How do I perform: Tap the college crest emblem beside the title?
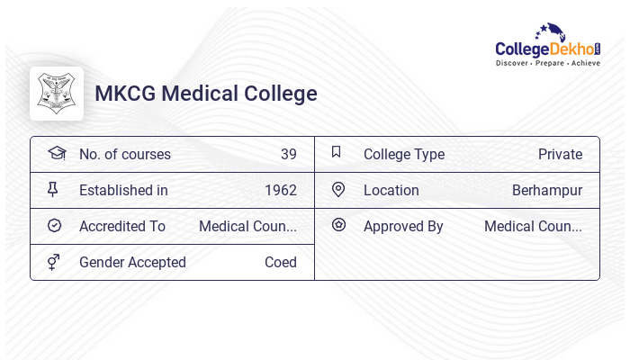(57, 94)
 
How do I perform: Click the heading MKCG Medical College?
(206, 94)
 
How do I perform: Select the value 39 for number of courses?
(288, 155)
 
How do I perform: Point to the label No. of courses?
(125, 155)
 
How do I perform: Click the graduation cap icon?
(56, 153)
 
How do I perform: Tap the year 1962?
(281, 191)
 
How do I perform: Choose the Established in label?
(123, 191)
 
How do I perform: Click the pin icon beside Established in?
(53, 190)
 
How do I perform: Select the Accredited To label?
(122, 227)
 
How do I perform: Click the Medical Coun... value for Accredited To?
(247, 227)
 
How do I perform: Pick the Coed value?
(281, 263)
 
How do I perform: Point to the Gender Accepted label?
(132, 263)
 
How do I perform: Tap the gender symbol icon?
(54, 262)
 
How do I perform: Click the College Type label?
(404, 155)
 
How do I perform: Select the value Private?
(560, 155)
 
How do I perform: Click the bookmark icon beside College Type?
(337, 152)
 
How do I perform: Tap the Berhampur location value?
(547, 191)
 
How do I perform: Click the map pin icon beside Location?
(338, 190)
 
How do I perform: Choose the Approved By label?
(403, 227)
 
